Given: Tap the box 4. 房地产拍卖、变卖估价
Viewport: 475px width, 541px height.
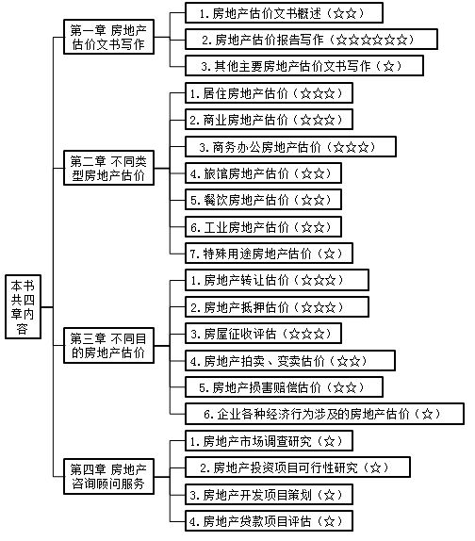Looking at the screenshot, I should point(287,360).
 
